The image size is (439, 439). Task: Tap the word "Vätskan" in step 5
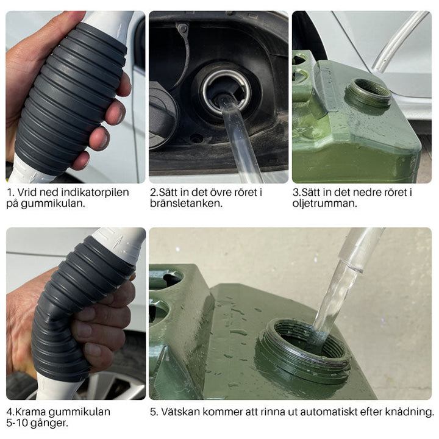pos(180,412)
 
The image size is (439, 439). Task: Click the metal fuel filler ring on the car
pos(226,91)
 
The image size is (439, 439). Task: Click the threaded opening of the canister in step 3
pos(368,93)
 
